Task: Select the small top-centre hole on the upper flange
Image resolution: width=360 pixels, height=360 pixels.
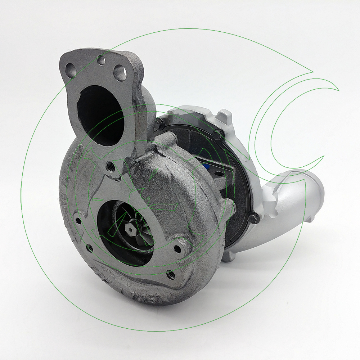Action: click(102, 60)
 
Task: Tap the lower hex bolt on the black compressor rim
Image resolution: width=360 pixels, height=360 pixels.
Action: click(253, 217)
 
